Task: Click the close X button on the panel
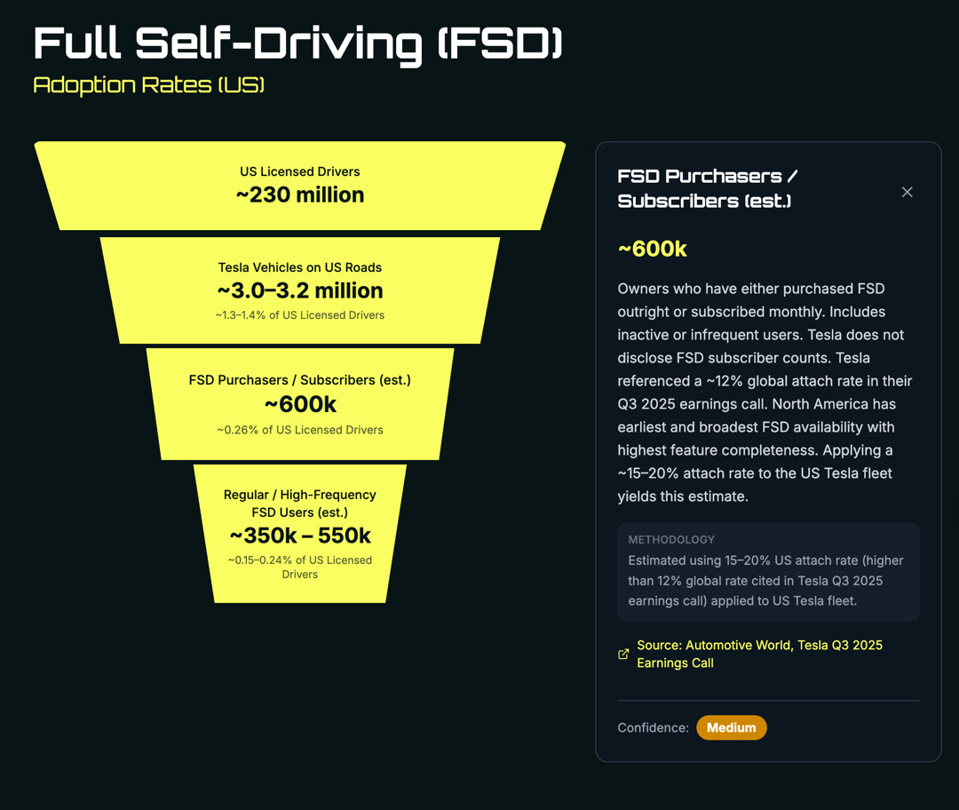907,192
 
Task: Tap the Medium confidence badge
731,727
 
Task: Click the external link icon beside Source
623,655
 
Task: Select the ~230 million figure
300,195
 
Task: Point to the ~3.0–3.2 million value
300,290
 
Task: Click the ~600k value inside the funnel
300,404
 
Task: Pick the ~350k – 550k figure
300,536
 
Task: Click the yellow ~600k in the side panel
653,249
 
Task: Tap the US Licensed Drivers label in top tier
300,171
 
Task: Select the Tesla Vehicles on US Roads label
300,267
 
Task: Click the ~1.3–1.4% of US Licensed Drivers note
300,315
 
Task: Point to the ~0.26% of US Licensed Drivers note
300,430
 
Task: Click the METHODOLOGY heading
671,539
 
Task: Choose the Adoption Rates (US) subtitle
149,85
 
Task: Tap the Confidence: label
653,727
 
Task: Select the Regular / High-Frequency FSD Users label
300,503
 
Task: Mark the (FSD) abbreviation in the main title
500,44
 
